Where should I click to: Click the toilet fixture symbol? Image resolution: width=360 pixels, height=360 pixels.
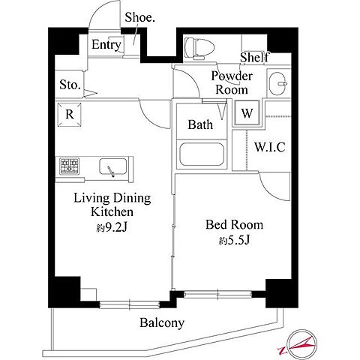[x=200, y=49]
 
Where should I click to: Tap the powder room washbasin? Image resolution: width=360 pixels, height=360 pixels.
[x=278, y=83]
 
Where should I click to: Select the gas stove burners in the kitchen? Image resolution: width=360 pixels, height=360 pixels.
[x=70, y=166]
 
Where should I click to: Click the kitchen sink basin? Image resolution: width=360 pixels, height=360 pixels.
[x=112, y=166]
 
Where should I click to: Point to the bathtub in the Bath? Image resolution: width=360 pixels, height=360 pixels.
[x=202, y=154]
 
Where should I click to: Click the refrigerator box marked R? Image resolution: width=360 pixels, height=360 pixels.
[x=69, y=115]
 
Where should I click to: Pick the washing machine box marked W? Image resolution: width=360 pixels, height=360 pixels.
[x=247, y=113]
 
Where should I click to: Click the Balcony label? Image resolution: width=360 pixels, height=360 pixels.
[x=162, y=323]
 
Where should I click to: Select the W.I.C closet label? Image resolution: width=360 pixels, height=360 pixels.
[x=270, y=147]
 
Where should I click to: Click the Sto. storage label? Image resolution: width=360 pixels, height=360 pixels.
[x=70, y=85]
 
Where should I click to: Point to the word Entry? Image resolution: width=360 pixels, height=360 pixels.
[x=106, y=45]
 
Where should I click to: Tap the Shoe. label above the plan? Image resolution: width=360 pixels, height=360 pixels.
[x=139, y=17]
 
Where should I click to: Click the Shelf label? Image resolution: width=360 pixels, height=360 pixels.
[x=254, y=57]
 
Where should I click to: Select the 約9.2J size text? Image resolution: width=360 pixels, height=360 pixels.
[x=112, y=227]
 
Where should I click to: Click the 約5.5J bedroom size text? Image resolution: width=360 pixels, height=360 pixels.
[x=234, y=241]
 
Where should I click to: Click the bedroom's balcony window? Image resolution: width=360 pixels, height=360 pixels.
[x=217, y=294]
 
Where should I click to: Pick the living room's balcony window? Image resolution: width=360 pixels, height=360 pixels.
[x=130, y=304]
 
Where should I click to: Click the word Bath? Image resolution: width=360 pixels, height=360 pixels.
[x=200, y=124]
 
